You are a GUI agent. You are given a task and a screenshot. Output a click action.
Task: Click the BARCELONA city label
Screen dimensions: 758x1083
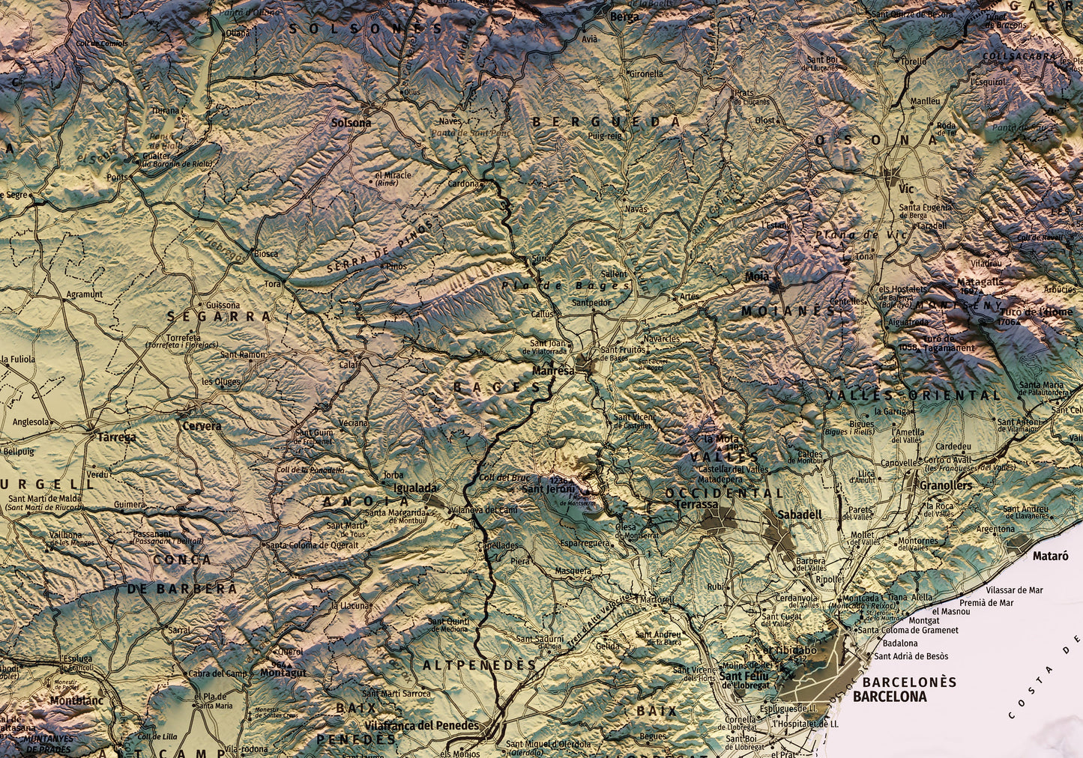click(889, 697)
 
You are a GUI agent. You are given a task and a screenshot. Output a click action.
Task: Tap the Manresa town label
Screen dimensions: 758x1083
click(553, 371)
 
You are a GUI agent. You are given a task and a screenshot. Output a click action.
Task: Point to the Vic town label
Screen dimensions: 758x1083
click(906, 189)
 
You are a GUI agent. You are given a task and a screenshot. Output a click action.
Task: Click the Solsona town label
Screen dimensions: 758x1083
click(351, 123)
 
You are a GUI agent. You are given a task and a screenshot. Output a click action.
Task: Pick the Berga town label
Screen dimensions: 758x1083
click(625, 16)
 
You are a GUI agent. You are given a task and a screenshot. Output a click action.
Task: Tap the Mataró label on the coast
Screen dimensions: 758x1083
click(1050, 557)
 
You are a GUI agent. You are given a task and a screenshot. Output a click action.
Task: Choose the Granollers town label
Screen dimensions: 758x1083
click(945, 485)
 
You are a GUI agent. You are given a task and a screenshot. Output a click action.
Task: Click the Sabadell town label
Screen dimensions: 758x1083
click(799, 515)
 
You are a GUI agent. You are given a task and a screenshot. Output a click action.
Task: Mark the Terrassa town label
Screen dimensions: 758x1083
click(696, 505)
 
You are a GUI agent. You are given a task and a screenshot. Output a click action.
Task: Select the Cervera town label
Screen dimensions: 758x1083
click(202, 426)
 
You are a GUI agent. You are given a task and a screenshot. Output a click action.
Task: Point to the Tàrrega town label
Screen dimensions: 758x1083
click(112, 437)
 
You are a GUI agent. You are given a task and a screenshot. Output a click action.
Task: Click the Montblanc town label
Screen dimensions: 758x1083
click(76, 701)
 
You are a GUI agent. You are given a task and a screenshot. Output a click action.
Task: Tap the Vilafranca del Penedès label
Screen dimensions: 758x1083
click(421, 726)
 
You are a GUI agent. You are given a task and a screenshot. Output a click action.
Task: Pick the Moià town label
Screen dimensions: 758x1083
click(757, 276)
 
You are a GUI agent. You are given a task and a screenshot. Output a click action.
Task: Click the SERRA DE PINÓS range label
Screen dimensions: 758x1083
click(379, 246)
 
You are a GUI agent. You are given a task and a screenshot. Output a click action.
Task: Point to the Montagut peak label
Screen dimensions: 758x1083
click(283, 673)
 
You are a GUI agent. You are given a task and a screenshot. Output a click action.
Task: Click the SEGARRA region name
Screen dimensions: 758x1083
click(218, 317)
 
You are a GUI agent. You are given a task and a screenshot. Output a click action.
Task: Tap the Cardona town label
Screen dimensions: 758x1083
click(462, 184)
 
